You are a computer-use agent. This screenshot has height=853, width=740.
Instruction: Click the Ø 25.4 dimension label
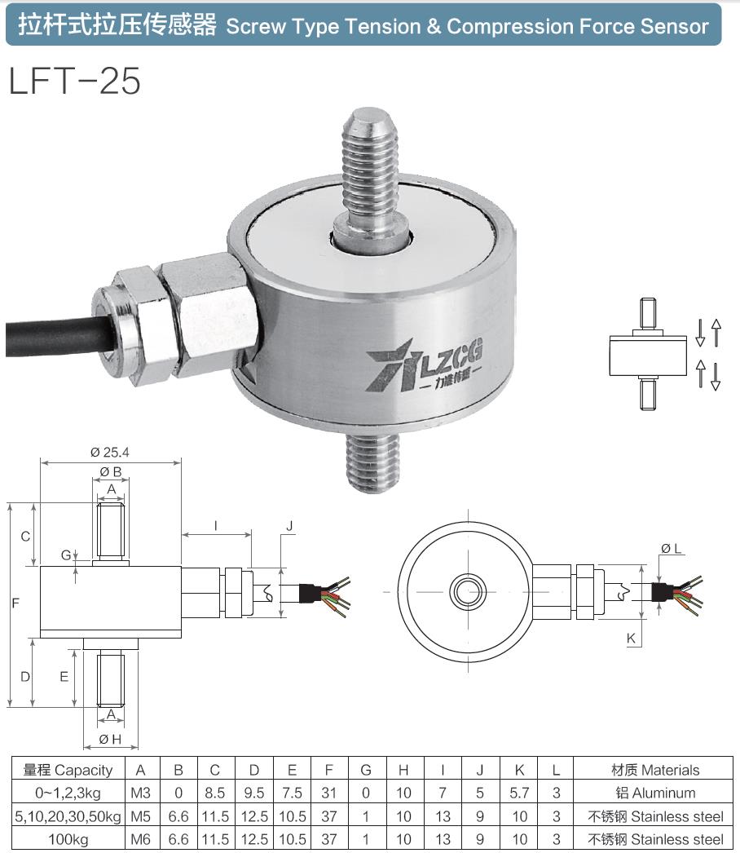(111, 451)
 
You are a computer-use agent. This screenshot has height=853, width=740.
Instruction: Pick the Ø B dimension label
(111, 471)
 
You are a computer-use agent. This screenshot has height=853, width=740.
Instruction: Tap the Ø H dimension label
(111, 739)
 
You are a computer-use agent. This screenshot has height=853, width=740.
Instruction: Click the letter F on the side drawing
(15, 604)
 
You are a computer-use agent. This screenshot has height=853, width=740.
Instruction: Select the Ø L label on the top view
(672, 549)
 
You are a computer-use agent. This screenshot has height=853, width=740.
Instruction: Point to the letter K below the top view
(631, 639)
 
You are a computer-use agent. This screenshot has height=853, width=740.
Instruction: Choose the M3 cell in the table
(141, 793)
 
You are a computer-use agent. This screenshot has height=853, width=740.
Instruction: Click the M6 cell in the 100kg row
(141, 838)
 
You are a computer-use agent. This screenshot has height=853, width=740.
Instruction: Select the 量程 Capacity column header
(68, 770)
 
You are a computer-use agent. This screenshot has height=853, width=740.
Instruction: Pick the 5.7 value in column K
(518, 793)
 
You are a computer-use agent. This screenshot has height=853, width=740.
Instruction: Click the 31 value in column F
(329, 793)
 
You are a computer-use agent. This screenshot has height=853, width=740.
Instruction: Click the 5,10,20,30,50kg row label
(68, 815)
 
